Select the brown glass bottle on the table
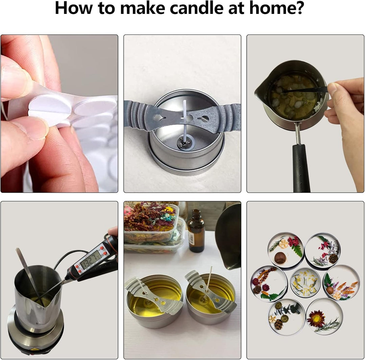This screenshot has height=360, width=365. click(x=196, y=231)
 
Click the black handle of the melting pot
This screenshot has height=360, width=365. click(x=301, y=168)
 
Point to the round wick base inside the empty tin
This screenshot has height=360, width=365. click(x=184, y=143)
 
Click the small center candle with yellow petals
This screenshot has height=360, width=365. click(x=305, y=282)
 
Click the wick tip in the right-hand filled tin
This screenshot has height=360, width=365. click(x=212, y=268)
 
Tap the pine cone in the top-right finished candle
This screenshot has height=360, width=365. click(x=333, y=258)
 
